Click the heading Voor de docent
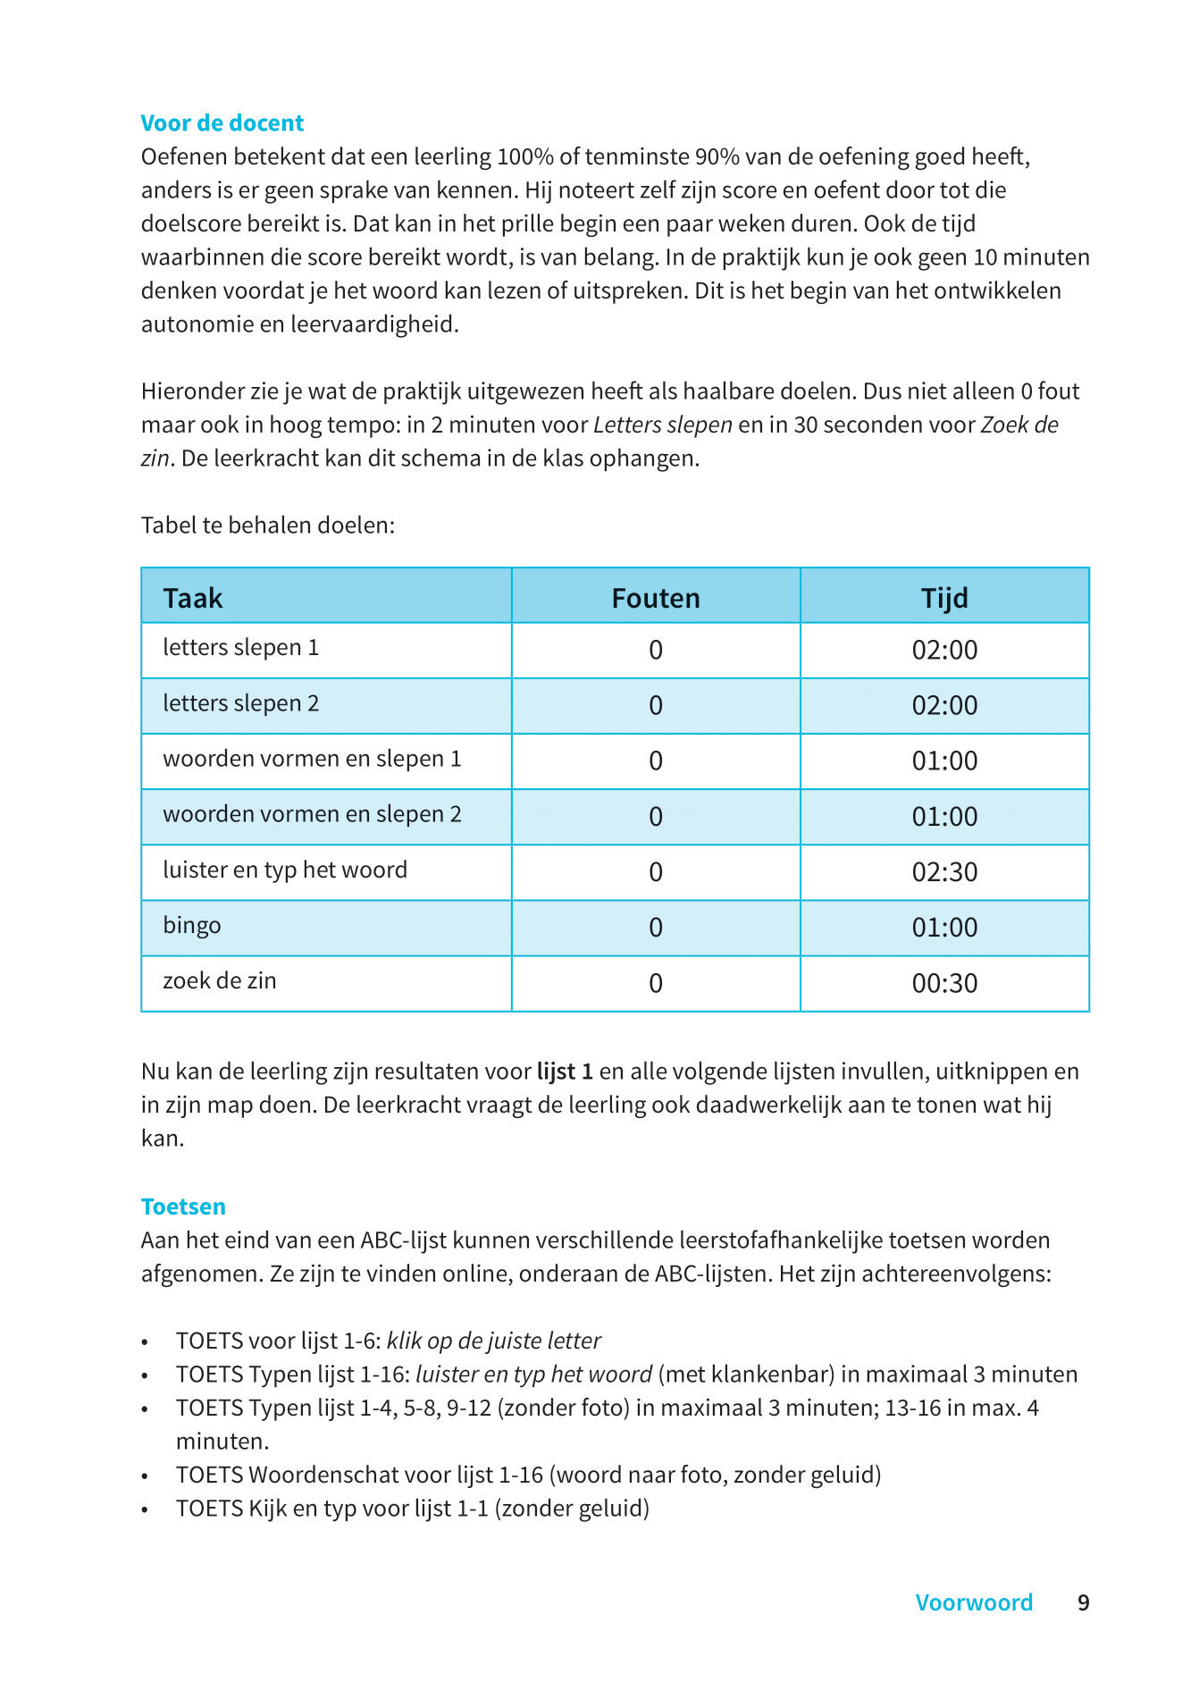click(222, 123)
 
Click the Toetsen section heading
click(183, 1207)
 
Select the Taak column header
click(193, 598)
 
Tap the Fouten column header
click(655, 598)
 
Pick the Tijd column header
click(944, 598)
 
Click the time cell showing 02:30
click(944, 872)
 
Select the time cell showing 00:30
click(944, 984)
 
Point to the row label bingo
click(192, 926)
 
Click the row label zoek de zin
click(220, 981)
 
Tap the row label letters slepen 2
click(240, 704)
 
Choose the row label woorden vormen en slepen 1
click(312, 760)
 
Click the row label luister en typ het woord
click(285, 870)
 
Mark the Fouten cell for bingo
click(655, 928)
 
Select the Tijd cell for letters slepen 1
click(944, 650)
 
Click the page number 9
click(1083, 1602)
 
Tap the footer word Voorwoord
click(974, 1602)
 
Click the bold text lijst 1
click(565, 1071)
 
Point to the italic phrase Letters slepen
click(663, 425)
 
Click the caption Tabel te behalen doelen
click(268, 525)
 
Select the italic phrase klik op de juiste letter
click(493, 1341)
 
